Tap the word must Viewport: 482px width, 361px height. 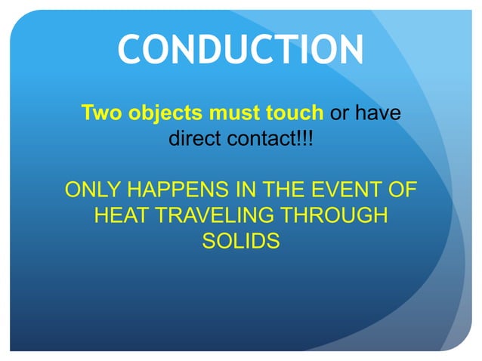tap(223, 114)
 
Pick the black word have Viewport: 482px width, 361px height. tap(377, 114)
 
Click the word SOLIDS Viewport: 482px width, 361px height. tap(241, 241)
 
